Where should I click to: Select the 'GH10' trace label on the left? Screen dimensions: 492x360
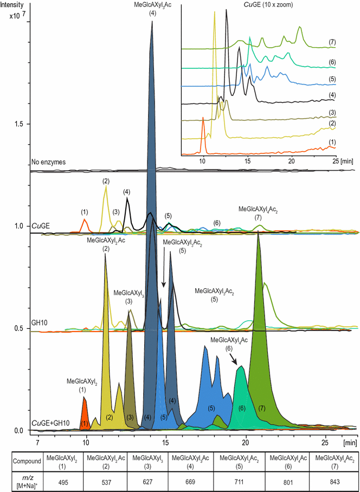(39, 322)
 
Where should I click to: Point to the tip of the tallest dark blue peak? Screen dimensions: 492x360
(152, 22)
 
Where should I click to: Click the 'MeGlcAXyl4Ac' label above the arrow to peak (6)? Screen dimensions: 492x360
(229, 340)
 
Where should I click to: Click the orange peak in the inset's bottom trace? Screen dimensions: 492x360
(203, 118)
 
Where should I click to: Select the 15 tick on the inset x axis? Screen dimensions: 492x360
(247, 160)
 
